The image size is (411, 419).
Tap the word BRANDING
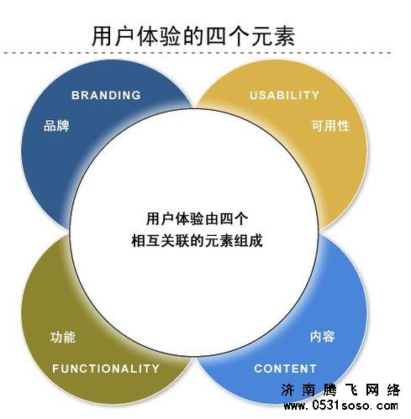click(x=106, y=95)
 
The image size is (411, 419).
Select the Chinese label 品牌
click(x=56, y=127)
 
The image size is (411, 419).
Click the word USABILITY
click(x=285, y=95)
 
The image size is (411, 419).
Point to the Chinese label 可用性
click(x=329, y=127)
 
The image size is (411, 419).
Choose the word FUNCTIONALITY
click(x=106, y=368)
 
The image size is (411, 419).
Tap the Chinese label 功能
click(x=63, y=338)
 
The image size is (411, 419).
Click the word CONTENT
click(x=285, y=368)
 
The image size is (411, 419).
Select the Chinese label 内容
click(x=322, y=338)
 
